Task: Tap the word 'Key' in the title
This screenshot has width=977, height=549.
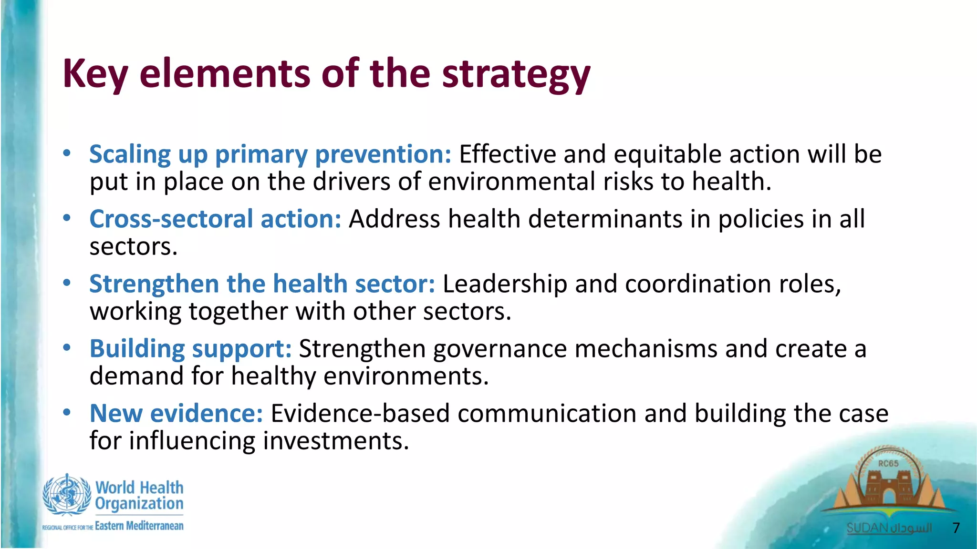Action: click(x=95, y=74)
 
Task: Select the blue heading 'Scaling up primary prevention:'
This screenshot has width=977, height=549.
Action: click(x=270, y=154)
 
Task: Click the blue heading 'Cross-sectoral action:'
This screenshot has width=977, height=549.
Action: click(x=215, y=219)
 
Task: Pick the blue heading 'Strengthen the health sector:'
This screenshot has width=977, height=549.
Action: click(x=262, y=284)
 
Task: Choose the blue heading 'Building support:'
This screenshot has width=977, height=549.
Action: click(x=190, y=349)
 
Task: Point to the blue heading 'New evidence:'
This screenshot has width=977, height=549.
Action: click(x=176, y=413)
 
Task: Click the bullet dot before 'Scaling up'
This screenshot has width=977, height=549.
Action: click(x=67, y=153)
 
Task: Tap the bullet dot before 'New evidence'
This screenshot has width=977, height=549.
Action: click(x=67, y=412)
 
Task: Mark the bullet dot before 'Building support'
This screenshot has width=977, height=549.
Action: click(x=67, y=347)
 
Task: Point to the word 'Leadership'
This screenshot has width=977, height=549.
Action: click(x=505, y=284)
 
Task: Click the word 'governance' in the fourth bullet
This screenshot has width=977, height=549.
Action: click(x=499, y=349)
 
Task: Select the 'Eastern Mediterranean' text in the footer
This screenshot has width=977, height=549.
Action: click(x=139, y=526)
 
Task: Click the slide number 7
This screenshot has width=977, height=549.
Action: click(x=956, y=528)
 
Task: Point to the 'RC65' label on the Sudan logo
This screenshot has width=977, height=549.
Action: click(x=888, y=463)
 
